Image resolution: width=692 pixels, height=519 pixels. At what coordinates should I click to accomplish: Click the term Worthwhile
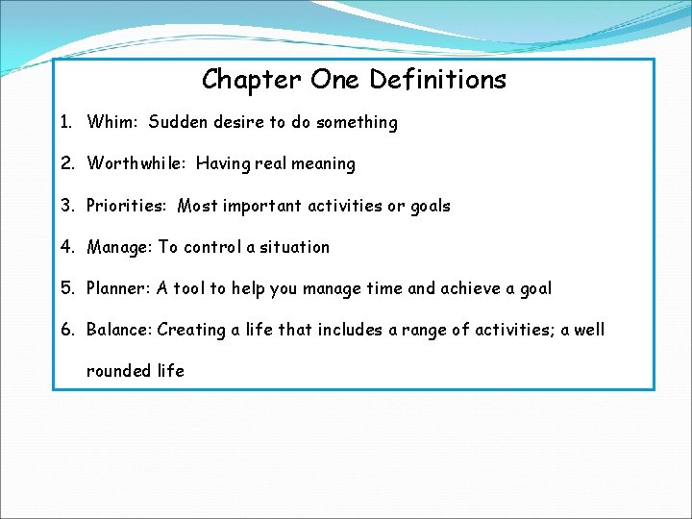click(136, 163)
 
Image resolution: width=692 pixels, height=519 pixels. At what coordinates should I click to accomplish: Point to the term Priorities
click(128, 206)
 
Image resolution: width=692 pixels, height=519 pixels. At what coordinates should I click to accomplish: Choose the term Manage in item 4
click(118, 247)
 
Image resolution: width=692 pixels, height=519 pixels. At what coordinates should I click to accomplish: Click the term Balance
click(118, 330)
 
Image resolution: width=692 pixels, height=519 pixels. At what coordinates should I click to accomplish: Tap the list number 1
click(64, 122)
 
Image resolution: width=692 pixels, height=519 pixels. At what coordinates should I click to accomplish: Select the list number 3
click(65, 206)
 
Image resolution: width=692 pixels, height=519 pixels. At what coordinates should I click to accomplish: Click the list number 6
click(65, 330)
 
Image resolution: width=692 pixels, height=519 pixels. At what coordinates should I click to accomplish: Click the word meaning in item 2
click(323, 163)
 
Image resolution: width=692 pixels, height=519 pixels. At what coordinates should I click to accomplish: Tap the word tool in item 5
click(189, 288)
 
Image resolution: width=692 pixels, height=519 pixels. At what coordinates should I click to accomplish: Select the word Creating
click(191, 330)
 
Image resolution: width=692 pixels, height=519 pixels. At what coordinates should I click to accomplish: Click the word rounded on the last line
click(118, 371)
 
